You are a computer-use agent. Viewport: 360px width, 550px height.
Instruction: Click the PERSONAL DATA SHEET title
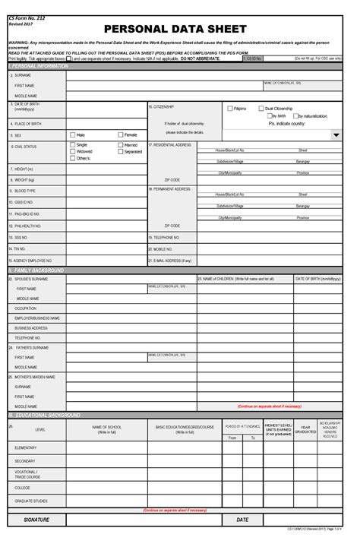(180, 29)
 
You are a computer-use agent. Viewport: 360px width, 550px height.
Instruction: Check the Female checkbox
(120, 134)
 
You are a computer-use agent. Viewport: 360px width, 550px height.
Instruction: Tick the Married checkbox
(120, 144)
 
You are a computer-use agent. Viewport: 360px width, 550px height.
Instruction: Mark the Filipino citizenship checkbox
(229, 109)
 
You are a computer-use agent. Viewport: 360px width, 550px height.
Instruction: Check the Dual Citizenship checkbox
(261, 109)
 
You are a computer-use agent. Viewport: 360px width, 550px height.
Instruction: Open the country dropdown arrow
(336, 134)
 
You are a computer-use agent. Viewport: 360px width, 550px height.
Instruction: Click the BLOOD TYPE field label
(25, 190)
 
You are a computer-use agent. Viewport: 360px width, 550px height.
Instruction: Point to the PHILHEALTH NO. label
(27, 226)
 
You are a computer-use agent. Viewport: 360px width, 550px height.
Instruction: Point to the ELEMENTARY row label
(25, 448)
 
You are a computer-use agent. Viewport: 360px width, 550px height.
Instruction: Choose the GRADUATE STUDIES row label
(30, 501)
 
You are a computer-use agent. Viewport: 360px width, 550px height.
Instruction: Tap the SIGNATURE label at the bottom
(36, 520)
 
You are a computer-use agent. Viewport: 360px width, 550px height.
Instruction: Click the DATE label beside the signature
(242, 520)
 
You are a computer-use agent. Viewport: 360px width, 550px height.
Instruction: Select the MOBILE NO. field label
(163, 248)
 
